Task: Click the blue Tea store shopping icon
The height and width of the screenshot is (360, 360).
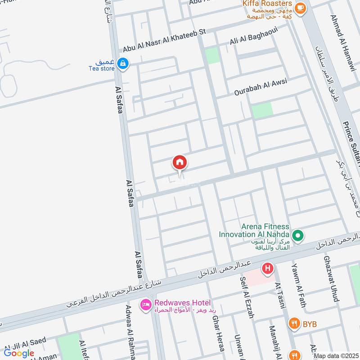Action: (122, 64)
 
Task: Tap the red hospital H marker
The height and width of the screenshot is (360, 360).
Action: (268, 270)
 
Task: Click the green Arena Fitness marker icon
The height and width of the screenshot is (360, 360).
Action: (297, 235)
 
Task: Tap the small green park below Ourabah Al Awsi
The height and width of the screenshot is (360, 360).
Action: (262, 110)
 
